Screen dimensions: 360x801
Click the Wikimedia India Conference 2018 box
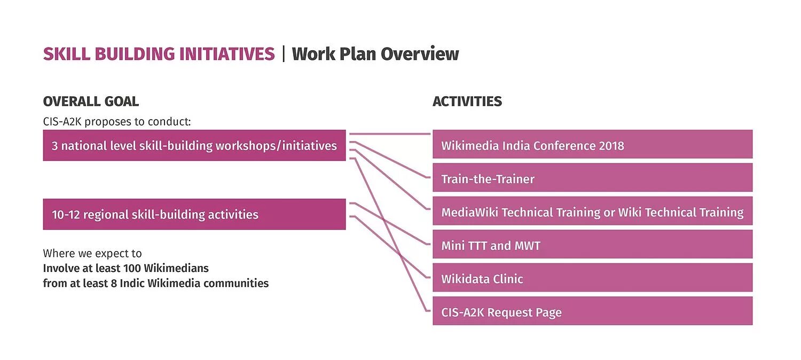pos(592,144)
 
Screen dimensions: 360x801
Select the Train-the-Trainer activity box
pos(592,178)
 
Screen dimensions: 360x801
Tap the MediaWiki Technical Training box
pos(592,212)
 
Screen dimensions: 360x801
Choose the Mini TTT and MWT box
pos(592,245)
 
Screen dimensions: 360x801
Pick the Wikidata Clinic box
pos(592,278)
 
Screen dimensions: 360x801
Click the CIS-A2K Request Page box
pos(592,311)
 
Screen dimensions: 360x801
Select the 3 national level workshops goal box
pos(194,145)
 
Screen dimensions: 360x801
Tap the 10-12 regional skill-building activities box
pos(194,214)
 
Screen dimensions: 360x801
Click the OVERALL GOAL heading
pos(91,101)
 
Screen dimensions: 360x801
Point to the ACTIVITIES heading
pos(467,101)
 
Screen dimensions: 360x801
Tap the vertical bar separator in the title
pos(284,54)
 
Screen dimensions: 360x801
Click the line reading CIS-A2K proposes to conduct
pos(116,121)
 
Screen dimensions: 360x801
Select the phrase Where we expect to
pos(92,253)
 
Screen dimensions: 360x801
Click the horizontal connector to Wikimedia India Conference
pos(389,134)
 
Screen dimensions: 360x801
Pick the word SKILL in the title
pos(61,54)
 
